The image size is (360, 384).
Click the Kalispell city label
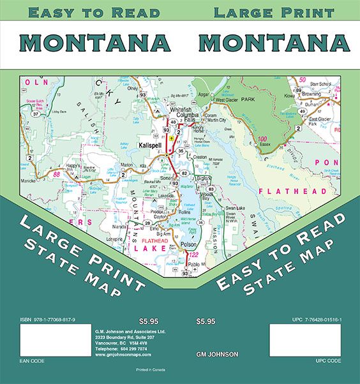153,145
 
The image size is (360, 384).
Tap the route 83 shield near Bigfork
210,189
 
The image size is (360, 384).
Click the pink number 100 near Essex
262,138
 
